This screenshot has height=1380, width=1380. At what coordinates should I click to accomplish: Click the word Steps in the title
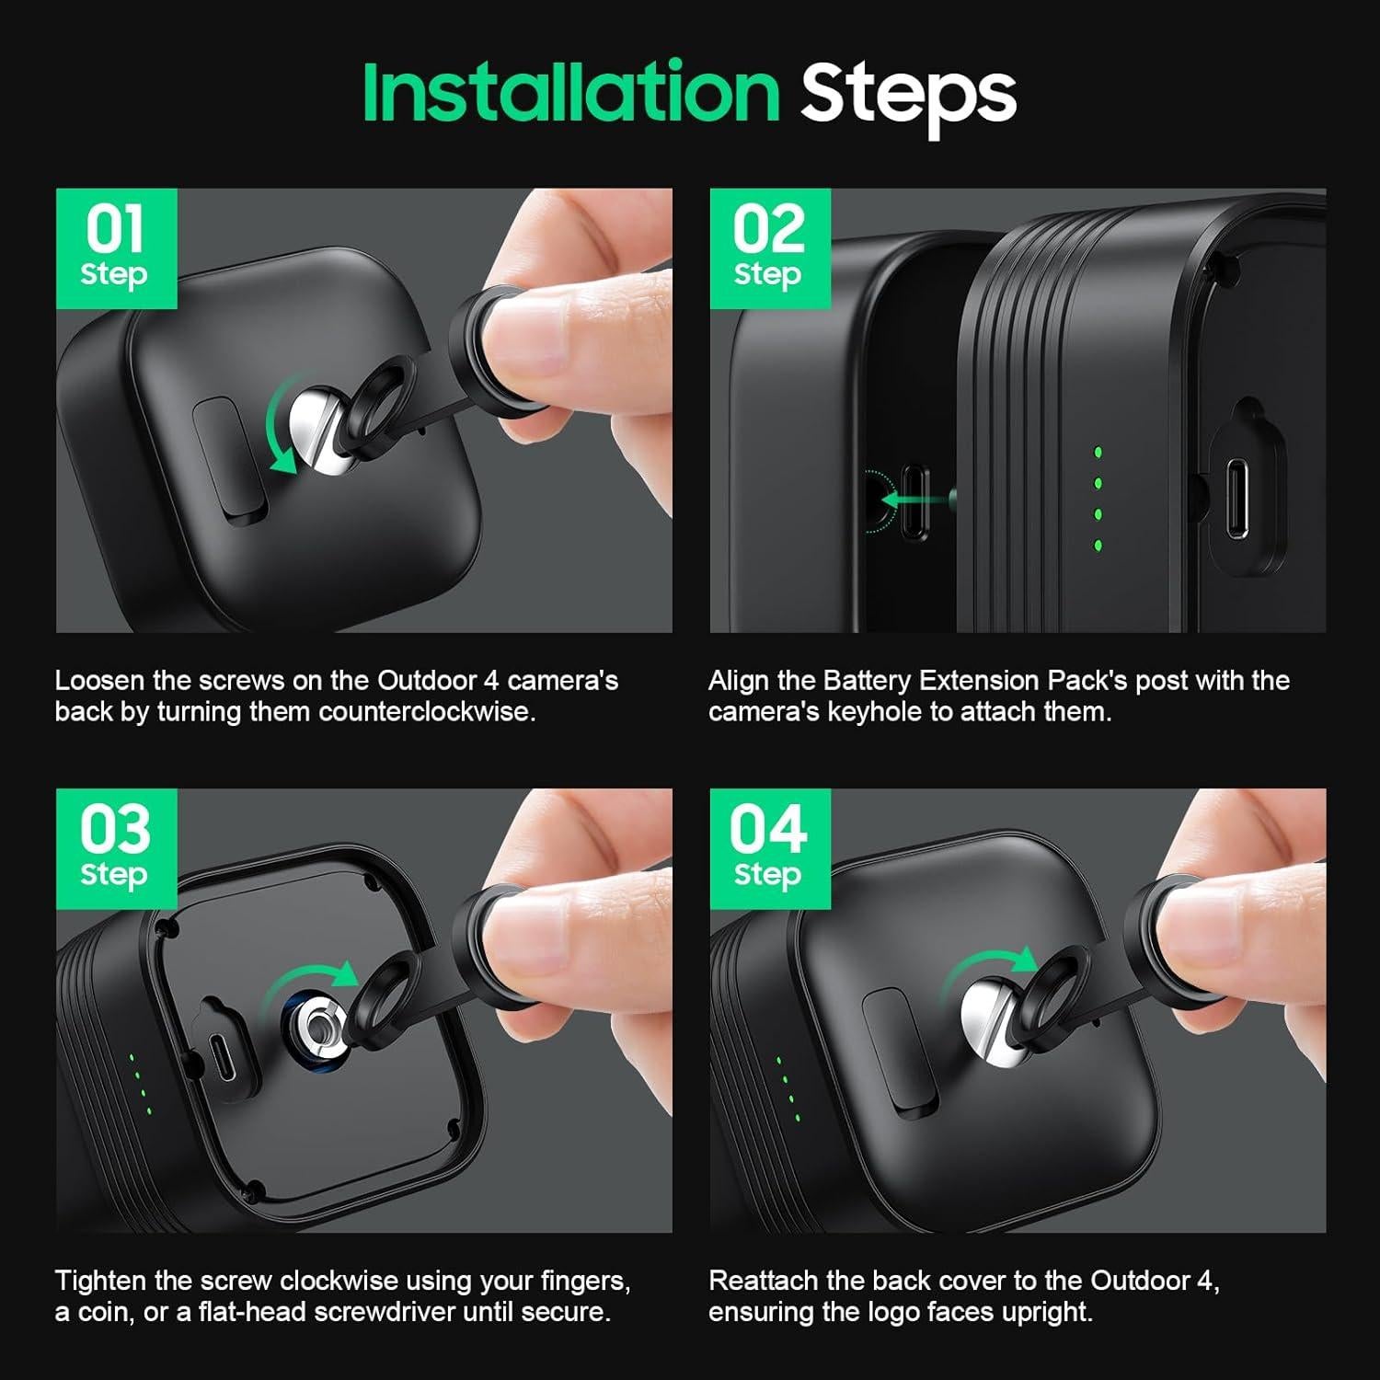[907, 94]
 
